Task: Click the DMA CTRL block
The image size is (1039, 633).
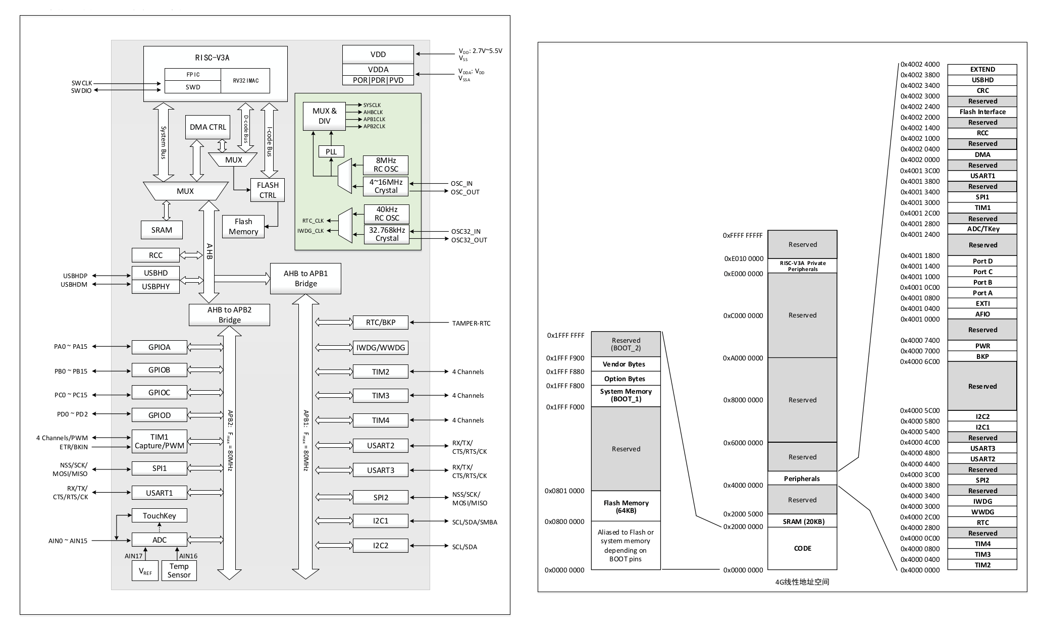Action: point(207,127)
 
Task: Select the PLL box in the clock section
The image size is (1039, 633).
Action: point(331,151)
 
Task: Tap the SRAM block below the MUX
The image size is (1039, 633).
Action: point(162,230)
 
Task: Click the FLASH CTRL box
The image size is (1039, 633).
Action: point(268,190)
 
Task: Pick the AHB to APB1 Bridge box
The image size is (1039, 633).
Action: point(305,279)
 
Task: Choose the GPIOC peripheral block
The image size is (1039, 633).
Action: point(159,393)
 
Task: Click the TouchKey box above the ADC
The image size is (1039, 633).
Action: point(159,516)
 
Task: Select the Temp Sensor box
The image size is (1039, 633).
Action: point(179,570)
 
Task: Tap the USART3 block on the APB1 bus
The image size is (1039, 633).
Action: point(380,470)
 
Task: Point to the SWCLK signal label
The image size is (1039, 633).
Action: point(82,83)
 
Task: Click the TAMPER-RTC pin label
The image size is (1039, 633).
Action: point(471,323)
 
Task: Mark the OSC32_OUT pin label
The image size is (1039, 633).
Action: point(469,240)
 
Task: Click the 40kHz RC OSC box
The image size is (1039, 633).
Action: point(387,214)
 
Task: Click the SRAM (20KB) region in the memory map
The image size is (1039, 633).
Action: point(802,521)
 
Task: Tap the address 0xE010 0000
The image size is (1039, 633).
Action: point(744,259)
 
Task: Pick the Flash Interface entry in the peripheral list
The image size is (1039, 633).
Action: point(982,112)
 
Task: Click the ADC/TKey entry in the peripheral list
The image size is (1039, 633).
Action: point(982,229)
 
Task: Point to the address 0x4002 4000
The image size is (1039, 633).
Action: point(920,65)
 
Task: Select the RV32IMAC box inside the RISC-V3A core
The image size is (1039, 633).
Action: point(246,81)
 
